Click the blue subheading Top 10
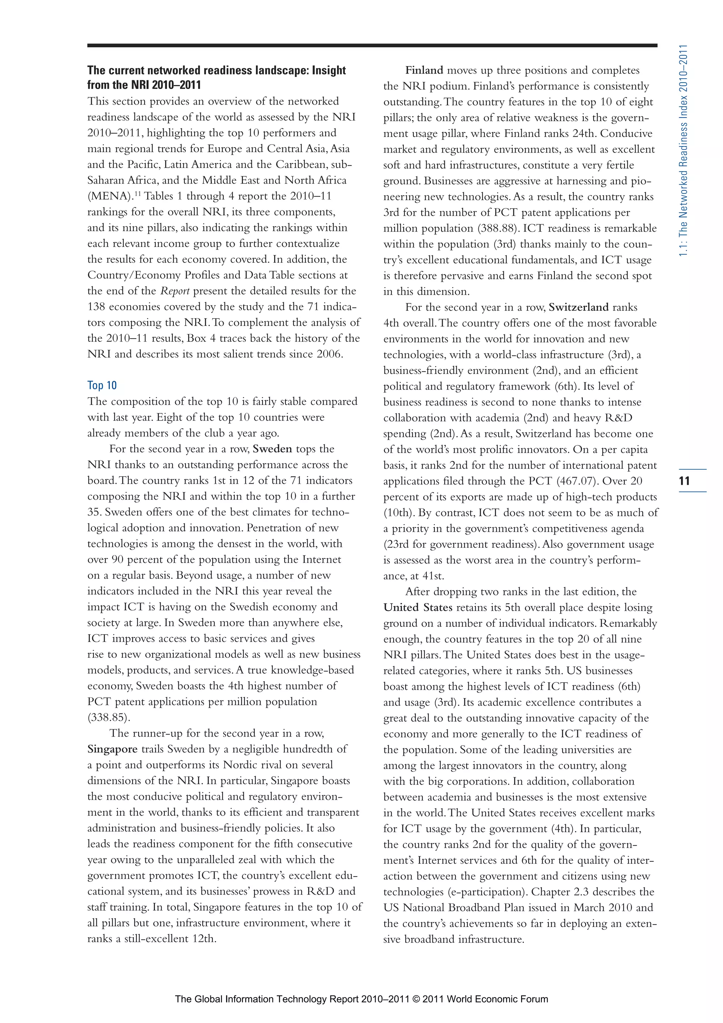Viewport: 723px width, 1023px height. pyautogui.click(x=102, y=385)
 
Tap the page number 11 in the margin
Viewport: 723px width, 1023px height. pyautogui.click(x=685, y=481)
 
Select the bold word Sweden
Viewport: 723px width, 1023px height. pyautogui.click(x=272, y=449)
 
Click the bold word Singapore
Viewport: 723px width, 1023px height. pyautogui.click(x=112, y=749)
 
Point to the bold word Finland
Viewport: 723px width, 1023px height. pyautogui.click(x=424, y=70)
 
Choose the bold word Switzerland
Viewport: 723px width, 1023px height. pyautogui.click(x=578, y=308)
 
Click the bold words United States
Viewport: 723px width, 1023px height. pyautogui.click(x=418, y=607)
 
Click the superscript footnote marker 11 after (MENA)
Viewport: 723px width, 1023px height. pyautogui.click(x=138, y=194)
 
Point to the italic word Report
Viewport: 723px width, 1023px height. pyautogui.click(x=175, y=291)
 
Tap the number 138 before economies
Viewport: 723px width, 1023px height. pyautogui.click(x=97, y=307)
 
